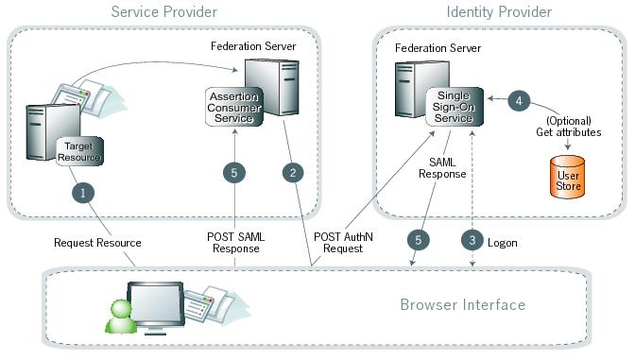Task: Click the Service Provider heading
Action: pos(163,12)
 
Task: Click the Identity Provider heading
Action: pos(498,12)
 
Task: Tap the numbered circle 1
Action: pos(84,191)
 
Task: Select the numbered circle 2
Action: pos(294,173)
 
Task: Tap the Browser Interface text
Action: pos(462,305)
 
